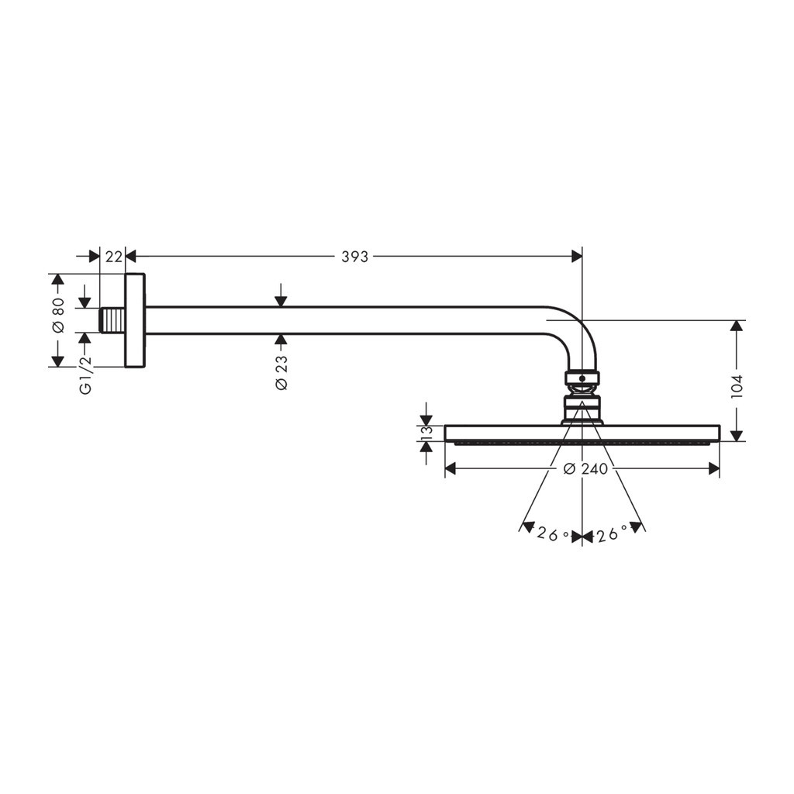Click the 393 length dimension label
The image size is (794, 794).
click(x=354, y=257)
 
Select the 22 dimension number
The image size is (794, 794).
click(x=114, y=257)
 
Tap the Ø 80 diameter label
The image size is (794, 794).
click(x=58, y=315)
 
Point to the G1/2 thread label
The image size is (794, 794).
click(x=86, y=375)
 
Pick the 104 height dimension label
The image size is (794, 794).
click(x=737, y=387)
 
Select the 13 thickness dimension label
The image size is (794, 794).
click(x=426, y=433)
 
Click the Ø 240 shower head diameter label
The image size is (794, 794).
click(x=585, y=469)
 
